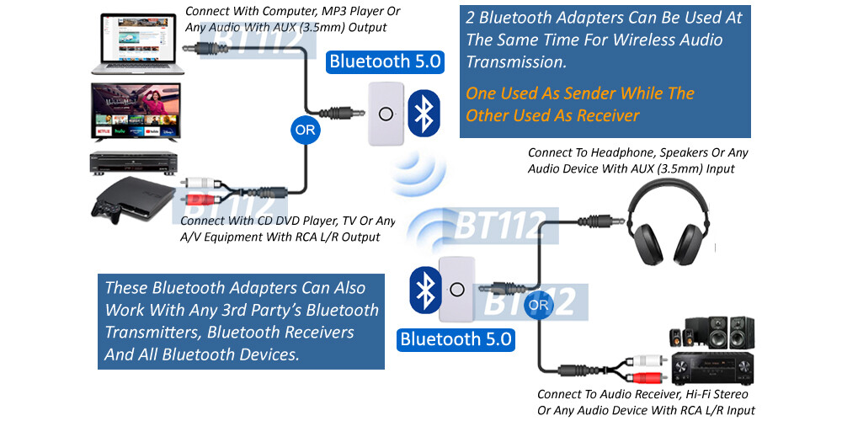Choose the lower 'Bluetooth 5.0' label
pos(456,339)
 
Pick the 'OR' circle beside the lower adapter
pos(539,304)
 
